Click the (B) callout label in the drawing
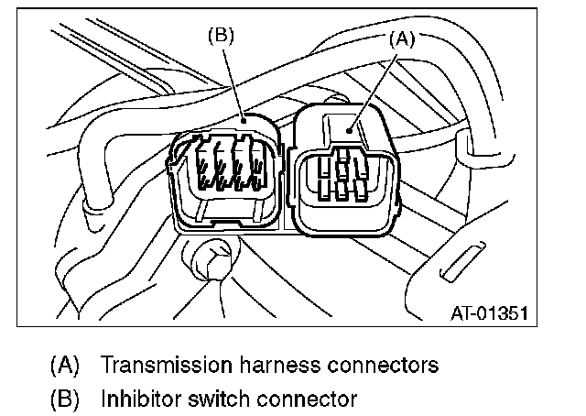(221, 36)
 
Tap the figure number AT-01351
(490, 313)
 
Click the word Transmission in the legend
(166, 365)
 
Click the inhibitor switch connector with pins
(224, 174)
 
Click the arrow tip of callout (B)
(243, 119)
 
